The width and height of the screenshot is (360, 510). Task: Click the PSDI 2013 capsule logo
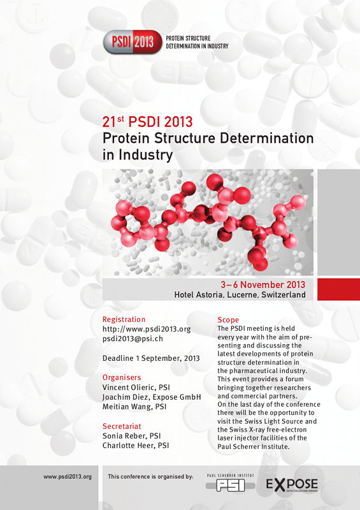coord(133,42)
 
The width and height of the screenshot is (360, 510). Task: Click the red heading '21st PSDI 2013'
coord(148,122)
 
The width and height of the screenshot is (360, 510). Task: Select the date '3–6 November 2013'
coord(263,284)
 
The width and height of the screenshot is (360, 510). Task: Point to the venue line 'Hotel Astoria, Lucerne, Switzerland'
coord(240,295)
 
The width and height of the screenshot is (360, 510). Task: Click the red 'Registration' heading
coord(124,319)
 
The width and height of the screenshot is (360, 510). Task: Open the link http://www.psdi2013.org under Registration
coord(147,329)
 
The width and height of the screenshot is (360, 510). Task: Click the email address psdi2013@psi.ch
coord(133,339)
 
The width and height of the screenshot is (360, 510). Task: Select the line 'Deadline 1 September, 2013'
coord(151,358)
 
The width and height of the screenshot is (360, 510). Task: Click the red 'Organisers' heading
coord(122,377)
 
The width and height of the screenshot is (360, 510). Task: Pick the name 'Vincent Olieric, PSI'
coord(136,388)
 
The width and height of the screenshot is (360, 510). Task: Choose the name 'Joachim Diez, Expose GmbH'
coord(152,397)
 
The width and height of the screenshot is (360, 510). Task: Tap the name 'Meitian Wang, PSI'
coord(134,407)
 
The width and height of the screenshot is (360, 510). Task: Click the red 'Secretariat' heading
coord(122,426)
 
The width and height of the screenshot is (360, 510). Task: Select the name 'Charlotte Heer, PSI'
coord(136,445)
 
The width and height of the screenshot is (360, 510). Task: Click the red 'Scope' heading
coord(228,320)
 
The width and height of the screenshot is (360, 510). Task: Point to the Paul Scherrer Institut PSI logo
coord(231,483)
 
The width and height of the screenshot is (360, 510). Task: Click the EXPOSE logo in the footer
coord(292,484)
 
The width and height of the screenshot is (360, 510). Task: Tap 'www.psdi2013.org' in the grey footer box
coord(68,477)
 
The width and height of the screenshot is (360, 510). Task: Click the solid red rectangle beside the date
coord(338,289)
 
